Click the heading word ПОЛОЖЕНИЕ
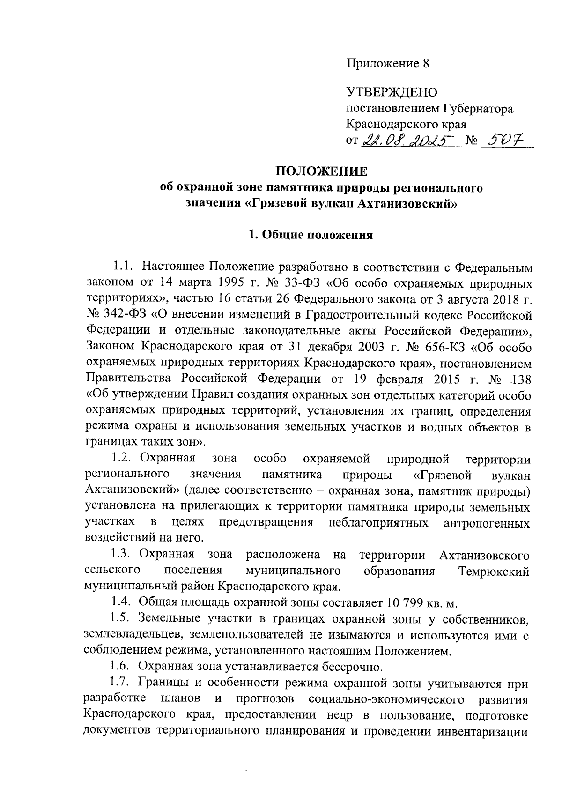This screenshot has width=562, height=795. coord(309,171)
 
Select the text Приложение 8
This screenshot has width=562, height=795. coord(388,63)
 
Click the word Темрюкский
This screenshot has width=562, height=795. coord(495,572)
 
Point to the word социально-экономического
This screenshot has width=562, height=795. coord(387,699)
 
